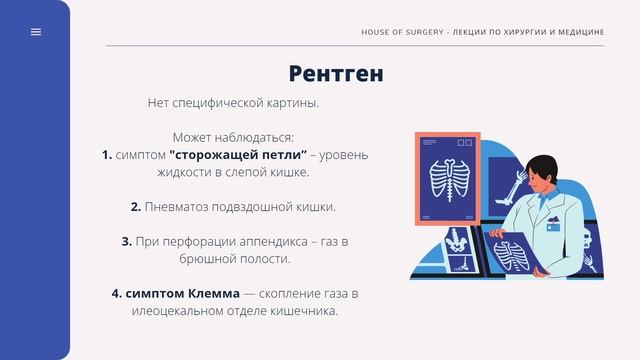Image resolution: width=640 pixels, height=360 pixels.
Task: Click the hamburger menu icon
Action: tap(36, 32)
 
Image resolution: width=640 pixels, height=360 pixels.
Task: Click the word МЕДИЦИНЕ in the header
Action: tap(578, 32)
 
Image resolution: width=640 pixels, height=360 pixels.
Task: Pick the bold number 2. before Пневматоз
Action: tap(135, 207)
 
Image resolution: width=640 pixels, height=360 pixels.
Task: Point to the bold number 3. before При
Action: tap(127, 241)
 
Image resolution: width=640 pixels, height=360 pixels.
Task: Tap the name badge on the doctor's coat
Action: tap(552, 227)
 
